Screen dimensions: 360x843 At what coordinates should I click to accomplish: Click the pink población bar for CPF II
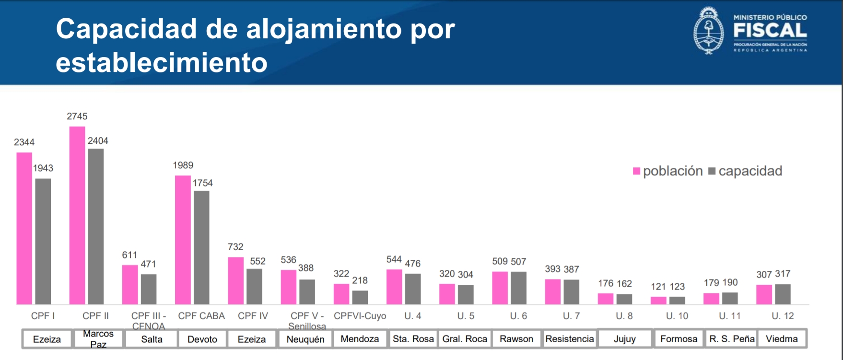(x=77, y=216)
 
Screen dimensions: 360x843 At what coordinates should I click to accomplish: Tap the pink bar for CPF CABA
(x=183, y=240)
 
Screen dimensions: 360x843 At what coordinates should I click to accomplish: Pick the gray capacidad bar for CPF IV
(x=254, y=287)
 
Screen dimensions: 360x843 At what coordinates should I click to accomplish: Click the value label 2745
(x=77, y=116)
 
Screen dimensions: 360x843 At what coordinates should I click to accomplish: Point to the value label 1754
(x=202, y=183)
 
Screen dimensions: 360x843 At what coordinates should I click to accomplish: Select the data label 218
(x=360, y=280)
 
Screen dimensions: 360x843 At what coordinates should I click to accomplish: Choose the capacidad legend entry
(x=745, y=171)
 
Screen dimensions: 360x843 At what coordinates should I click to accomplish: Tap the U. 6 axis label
(x=518, y=316)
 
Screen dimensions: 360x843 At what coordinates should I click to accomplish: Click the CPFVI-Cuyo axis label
(x=360, y=316)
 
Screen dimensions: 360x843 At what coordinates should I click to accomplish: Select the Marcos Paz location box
(x=98, y=339)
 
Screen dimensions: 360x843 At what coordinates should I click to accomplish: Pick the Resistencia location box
(x=570, y=339)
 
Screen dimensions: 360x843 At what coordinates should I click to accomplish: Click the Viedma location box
(x=782, y=339)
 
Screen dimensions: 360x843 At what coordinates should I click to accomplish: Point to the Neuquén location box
(x=305, y=339)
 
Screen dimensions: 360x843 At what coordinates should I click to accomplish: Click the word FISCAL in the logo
(x=770, y=31)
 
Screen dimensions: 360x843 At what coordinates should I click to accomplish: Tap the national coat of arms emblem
(x=708, y=30)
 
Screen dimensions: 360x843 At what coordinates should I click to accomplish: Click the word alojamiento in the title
(x=324, y=29)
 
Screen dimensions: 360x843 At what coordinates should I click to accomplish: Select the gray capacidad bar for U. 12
(x=783, y=294)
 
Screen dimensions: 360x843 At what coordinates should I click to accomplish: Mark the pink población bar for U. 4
(x=394, y=287)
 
